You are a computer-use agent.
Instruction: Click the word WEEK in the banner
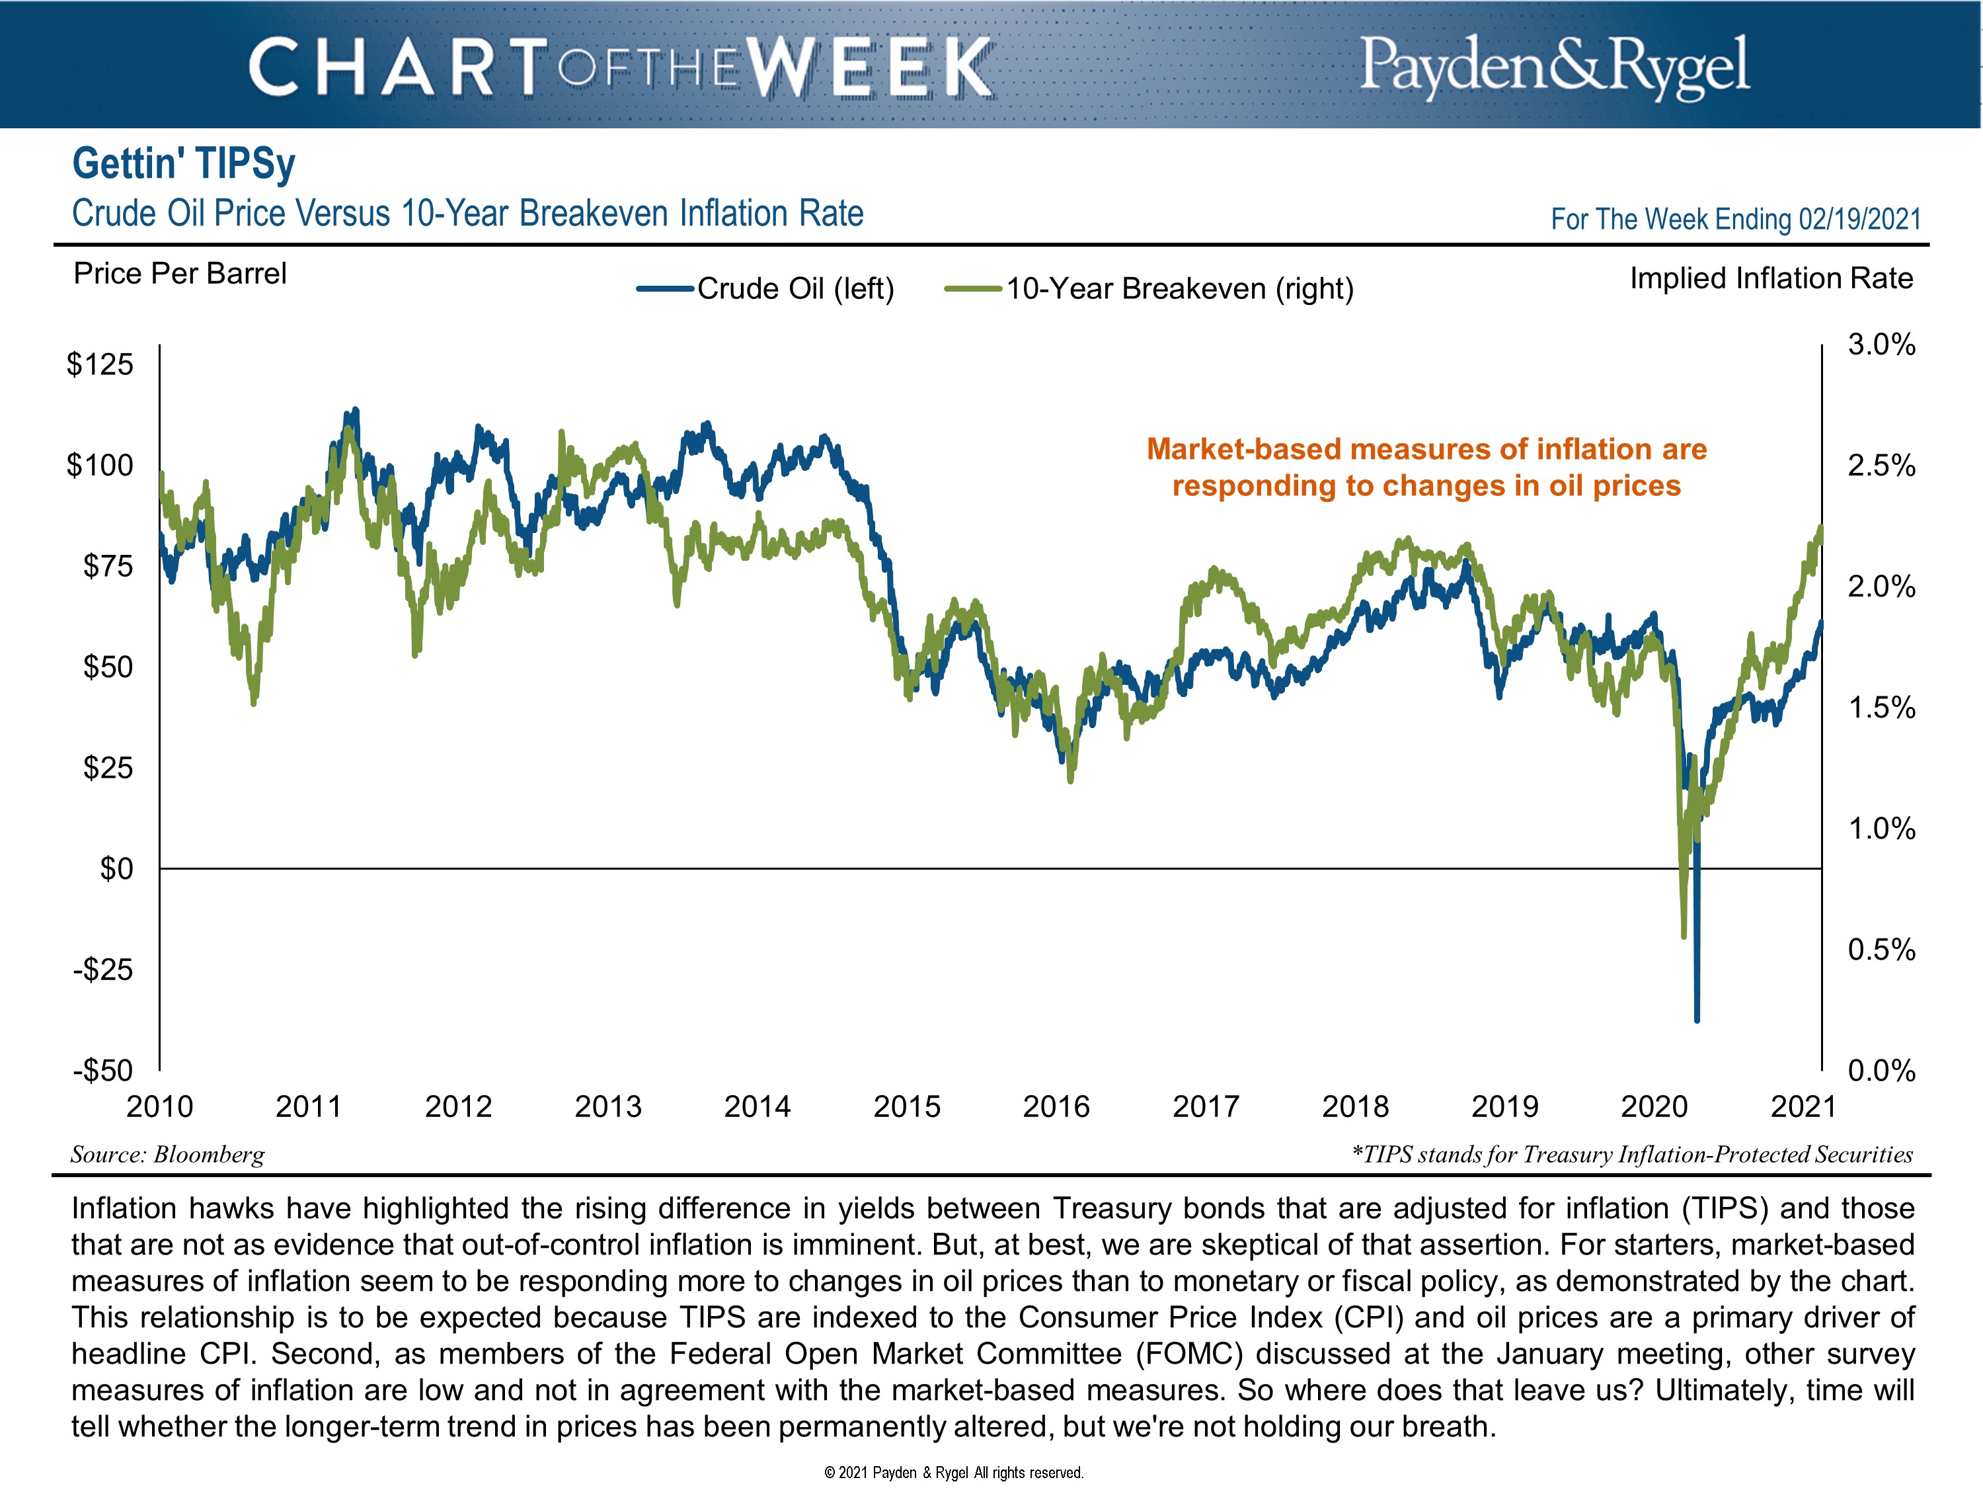[871, 67]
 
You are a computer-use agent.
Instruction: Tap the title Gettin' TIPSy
[184, 163]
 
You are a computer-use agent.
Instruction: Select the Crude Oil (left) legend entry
[767, 289]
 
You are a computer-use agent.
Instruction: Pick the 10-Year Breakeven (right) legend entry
[1150, 289]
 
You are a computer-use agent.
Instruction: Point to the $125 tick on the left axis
[100, 364]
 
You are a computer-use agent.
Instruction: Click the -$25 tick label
[102, 970]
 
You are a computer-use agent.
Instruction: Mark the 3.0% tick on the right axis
[1881, 345]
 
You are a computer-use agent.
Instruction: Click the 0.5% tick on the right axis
[1881, 949]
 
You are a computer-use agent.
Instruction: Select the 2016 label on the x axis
[1056, 1106]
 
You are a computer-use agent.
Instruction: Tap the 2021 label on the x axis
[1803, 1106]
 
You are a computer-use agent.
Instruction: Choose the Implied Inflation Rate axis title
[1771, 278]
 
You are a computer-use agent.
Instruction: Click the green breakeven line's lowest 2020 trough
[1684, 936]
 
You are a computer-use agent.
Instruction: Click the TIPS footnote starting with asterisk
[1631, 1154]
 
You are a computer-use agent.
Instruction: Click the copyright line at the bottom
[953, 1472]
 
